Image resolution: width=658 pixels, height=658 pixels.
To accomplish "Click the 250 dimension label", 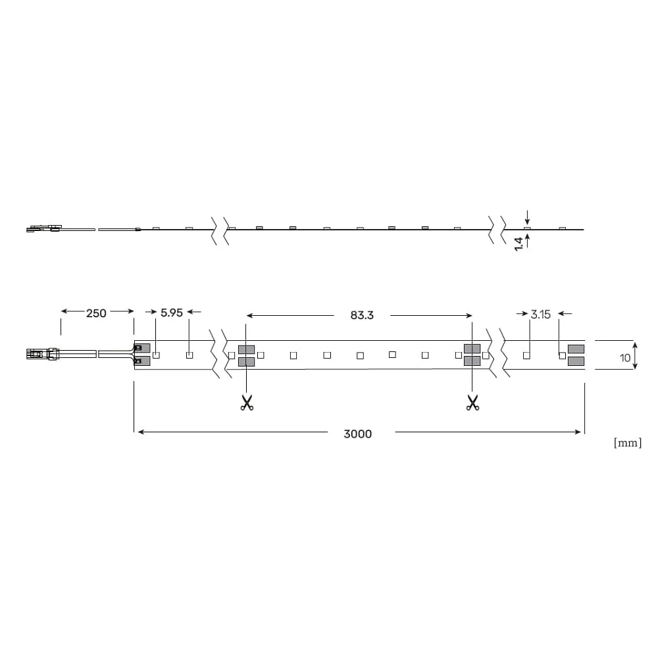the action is pyautogui.click(x=96, y=313).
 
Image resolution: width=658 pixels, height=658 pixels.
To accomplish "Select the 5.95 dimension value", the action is pyautogui.click(x=172, y=313).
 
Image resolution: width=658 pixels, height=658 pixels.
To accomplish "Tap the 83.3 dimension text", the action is pyautogui.click(x=362, y=315).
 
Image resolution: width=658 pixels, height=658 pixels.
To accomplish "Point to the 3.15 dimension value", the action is pyautogui.click(x=540, y=315).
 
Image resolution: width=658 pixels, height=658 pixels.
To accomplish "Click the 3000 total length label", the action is pyautogui.click(x=357, y=434).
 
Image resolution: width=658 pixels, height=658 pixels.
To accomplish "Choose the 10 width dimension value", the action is pyautogui.click(x=625, y=358).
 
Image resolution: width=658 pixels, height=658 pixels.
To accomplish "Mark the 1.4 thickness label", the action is pyautogui.click(x=519, y=244).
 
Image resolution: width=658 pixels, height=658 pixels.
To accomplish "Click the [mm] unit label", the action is pyautogui.click(x=628, y=443).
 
